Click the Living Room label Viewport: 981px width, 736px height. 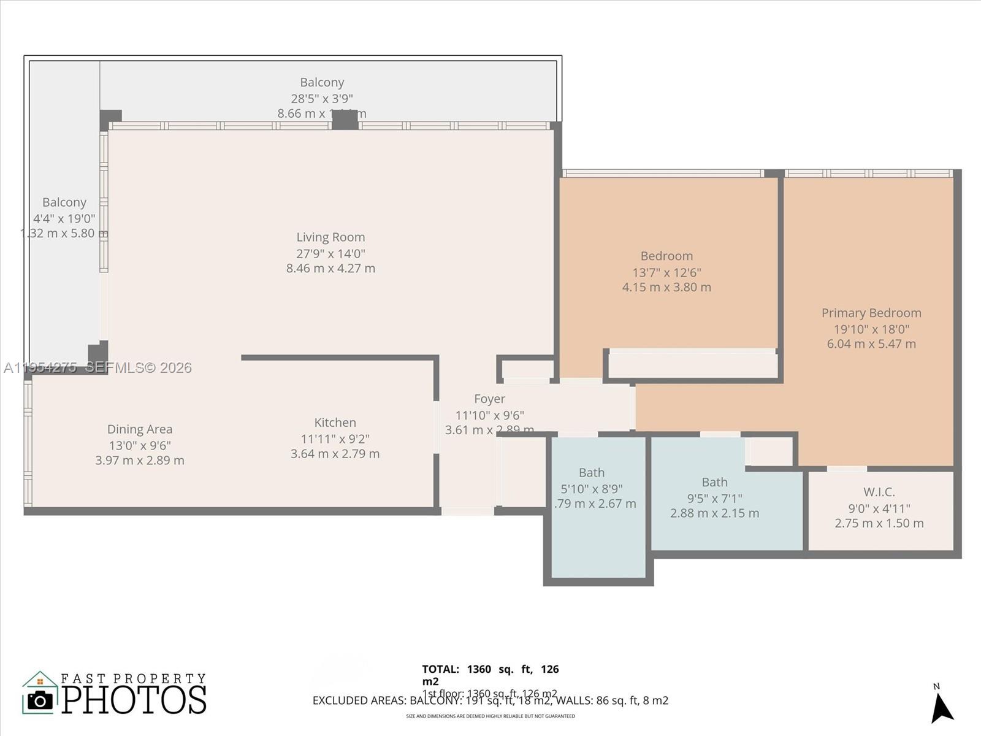[330, 237]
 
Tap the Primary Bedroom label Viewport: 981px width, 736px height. [871, 313]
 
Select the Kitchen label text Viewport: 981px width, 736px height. [335, 423]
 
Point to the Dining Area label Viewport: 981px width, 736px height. [140, 429]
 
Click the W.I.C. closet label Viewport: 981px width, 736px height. [879, 492]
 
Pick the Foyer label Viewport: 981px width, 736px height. [489, 399]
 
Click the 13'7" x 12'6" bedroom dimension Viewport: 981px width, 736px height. [666, 272]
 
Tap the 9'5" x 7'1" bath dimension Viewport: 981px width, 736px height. [714, 498]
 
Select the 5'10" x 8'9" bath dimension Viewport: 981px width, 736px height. [591, 489]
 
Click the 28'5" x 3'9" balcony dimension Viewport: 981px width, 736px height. [322, 98]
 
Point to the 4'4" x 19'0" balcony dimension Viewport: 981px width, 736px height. [64, 218]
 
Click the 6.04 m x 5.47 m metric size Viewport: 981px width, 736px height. [871, 344]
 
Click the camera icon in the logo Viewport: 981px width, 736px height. [40, 700]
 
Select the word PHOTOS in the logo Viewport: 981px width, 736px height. [134, 700]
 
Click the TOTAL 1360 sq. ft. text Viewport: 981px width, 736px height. [490, 669]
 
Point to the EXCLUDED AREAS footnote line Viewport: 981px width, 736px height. [490, 700]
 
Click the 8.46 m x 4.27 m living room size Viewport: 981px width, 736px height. [330, 268]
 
